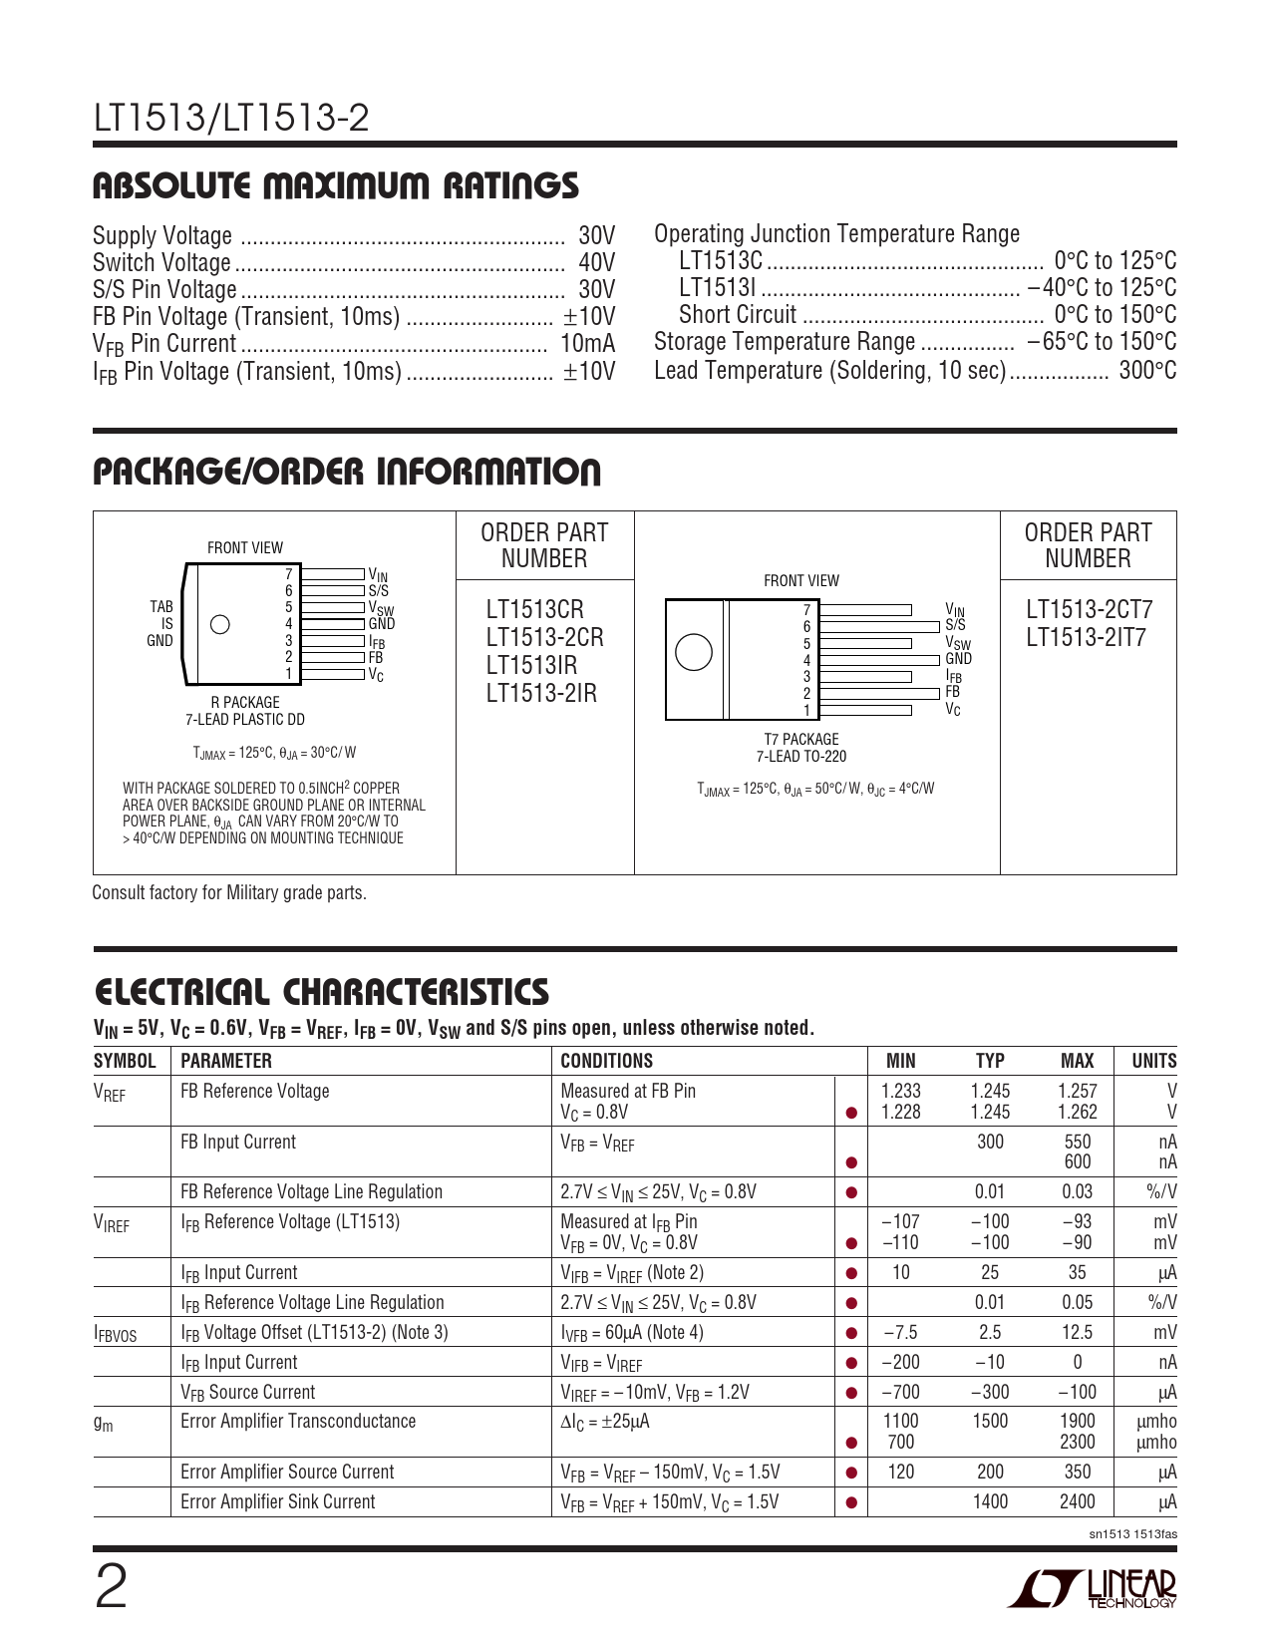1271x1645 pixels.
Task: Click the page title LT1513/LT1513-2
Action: [x=231, y=120]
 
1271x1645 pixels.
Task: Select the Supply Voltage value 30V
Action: [x=596, y=236]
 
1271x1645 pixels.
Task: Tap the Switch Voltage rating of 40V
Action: [x=596, y=263]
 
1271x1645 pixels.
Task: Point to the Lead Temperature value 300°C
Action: [x=1147, y=371]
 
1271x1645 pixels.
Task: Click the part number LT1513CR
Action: [x=535, y=610]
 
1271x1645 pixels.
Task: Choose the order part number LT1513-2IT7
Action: [x=1086, y=638]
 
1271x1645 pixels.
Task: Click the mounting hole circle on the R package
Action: [x=221, y=625]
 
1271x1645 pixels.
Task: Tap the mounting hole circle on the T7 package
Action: [x=693, y=652]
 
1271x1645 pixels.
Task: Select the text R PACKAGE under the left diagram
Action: [x=245, y=703]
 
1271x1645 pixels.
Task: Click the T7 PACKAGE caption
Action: [x=800, y=740]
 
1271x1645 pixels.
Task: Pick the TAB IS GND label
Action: [x=160, y=624]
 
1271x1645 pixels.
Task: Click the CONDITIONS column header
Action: [x=606, y=1061]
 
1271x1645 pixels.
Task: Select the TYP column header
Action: [x=990, y=1061]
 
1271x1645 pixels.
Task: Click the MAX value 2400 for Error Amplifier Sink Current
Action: [x=1077, y=1501]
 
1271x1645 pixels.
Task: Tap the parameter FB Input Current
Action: [x=238, y=1143]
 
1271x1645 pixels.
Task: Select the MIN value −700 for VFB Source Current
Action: [x=900, y=1392]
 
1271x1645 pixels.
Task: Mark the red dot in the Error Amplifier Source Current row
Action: [x=851, y=1473]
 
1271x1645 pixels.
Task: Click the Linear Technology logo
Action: [x=1092, y=1589]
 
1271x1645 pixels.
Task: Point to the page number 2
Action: [x=111, y=1588]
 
